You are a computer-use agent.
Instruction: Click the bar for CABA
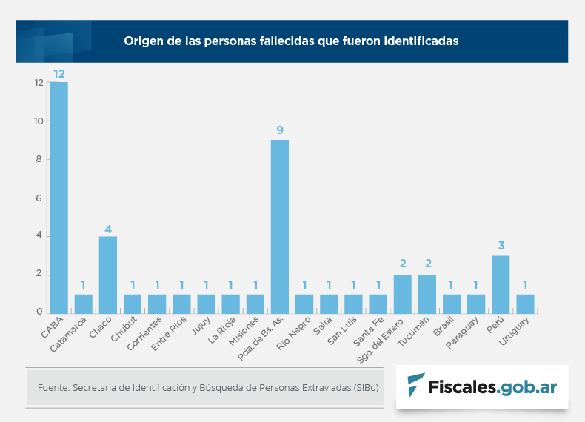[58, 198]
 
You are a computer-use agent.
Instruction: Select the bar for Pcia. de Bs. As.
[279, 227]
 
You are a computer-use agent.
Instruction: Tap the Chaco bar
[108, 275]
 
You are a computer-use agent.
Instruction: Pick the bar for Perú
[501, 284]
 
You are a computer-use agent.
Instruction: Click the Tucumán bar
[427, 294]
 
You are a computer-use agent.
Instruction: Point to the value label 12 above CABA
[59, 74]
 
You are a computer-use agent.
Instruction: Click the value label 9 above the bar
[280, 130]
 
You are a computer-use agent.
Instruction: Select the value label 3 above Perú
[501, 246]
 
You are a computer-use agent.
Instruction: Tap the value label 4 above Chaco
[108, 229]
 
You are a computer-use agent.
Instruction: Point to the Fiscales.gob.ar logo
[482, 386]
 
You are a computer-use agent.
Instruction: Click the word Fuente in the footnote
[52, 387]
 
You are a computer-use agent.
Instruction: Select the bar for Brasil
[452, 304]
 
